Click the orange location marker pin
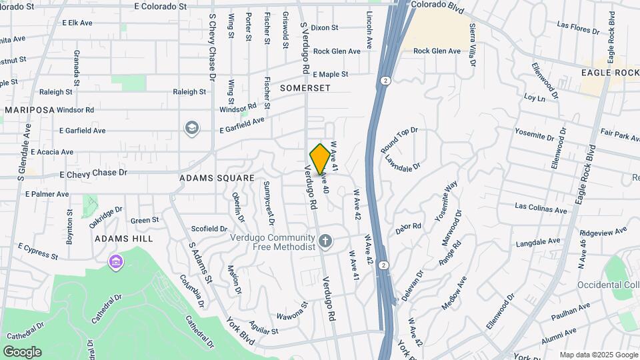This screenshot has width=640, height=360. tap(320, 159)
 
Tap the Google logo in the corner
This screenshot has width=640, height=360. tap(22, 351)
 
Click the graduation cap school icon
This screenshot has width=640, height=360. tap(192, 128)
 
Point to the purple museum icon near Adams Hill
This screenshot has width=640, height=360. tap(117, 261)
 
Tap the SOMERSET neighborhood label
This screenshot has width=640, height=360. tap(305, 88)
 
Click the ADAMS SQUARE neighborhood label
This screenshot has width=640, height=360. tap(217, 178)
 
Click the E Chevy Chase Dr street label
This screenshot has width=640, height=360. tap(93, 173)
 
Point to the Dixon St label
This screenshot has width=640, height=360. tap(325, 28)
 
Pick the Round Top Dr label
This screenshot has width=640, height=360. tap(399, 141)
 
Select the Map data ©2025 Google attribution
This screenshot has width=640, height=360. tap(598, 355)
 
